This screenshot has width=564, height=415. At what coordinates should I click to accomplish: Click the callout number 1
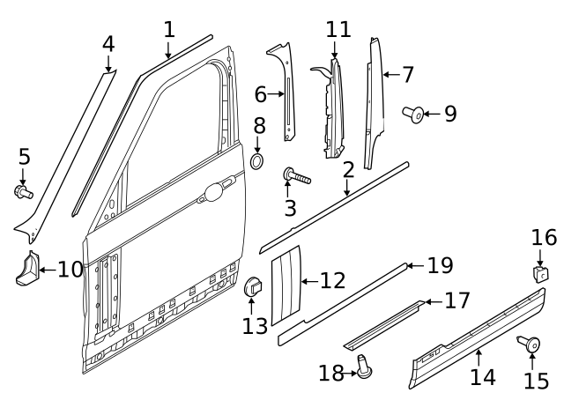168,29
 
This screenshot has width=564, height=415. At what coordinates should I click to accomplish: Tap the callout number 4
108,43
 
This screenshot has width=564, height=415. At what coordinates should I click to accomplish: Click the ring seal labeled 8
258,161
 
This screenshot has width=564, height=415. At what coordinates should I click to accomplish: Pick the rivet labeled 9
412,113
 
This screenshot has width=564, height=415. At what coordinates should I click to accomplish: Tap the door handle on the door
214,189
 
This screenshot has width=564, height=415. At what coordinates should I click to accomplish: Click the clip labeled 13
252,287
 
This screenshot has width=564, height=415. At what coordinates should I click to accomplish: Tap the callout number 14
482,377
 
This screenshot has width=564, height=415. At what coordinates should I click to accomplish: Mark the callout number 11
338,29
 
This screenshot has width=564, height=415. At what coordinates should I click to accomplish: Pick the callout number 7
408,75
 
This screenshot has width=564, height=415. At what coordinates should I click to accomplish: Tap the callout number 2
348,169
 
